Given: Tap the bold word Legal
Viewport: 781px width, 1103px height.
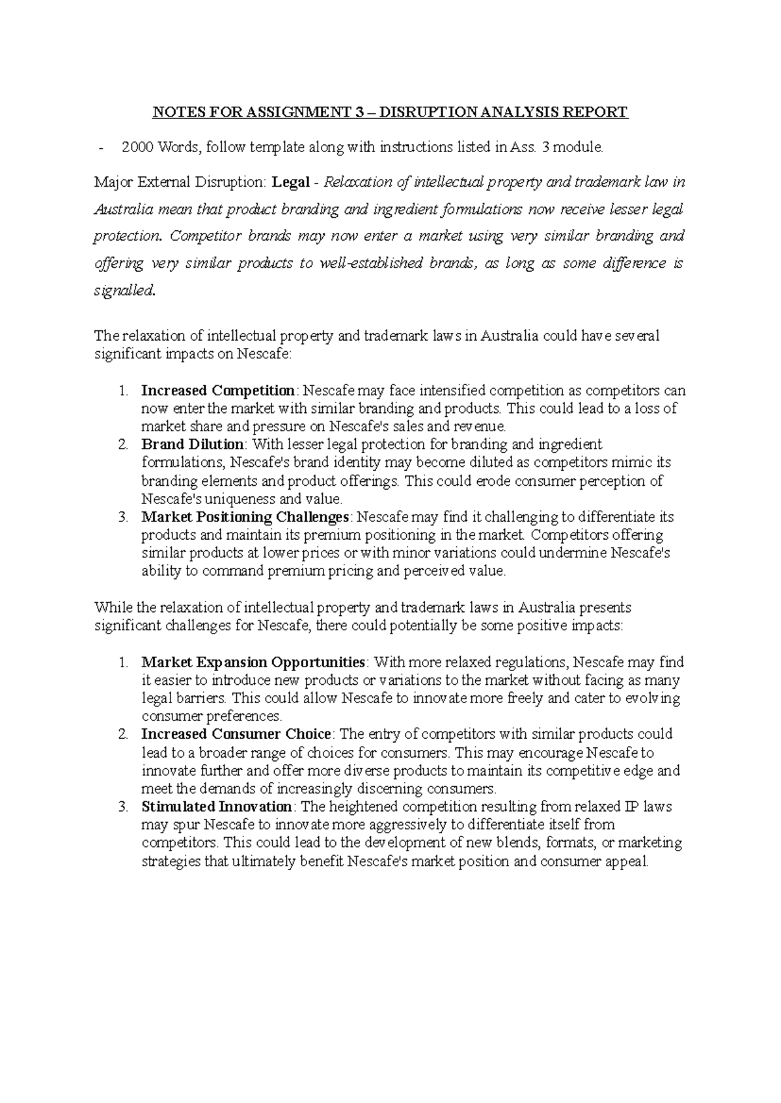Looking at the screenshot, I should click(291, 182).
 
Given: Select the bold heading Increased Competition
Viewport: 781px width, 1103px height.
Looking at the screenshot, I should click(218, 391).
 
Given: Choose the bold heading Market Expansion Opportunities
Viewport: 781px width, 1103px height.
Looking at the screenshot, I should click(253, 663).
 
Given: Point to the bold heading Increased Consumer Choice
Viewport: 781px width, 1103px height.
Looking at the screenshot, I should click(236, 735).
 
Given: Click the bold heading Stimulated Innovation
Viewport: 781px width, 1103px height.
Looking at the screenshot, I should click(217, 807).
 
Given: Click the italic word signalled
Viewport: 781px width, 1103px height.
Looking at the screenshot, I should click(124, 291).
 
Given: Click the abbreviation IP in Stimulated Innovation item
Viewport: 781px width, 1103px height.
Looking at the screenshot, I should click(633, 807).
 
